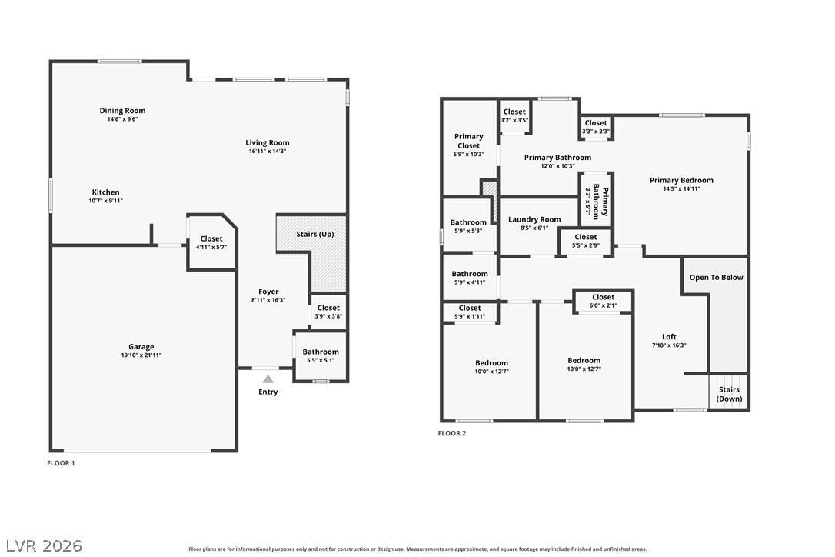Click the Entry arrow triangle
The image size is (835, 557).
click(x=268, y=379)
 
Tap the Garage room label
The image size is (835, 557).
click(x=141, y=346)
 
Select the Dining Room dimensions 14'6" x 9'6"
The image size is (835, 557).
click(x=122, y=119)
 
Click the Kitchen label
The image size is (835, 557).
click(x=105, y=192)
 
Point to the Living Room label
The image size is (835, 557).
click(x=268, y=142)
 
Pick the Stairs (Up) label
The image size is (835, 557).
click(x=315, y=234)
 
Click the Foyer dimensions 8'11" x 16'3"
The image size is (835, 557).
click(x=268, y=300)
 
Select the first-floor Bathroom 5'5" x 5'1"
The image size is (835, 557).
click(x=321, y=355)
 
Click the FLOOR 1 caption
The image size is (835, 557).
click(x=61, y=463)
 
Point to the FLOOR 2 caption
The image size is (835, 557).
click(x=451, y=433)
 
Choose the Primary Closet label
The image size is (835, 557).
click(x=468, y=141)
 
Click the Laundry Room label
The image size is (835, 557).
click(x=534, y=219)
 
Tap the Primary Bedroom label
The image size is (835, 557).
click(x=681, y=180)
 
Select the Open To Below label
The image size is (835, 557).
click(x=717, y=277)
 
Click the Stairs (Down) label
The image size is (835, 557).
click(x=729, y=394)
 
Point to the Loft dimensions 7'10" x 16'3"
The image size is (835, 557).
click(x=670, y=345)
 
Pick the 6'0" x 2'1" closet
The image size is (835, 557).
click(x=604, y=301)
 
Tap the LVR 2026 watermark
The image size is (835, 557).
click(x=44, y=545)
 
